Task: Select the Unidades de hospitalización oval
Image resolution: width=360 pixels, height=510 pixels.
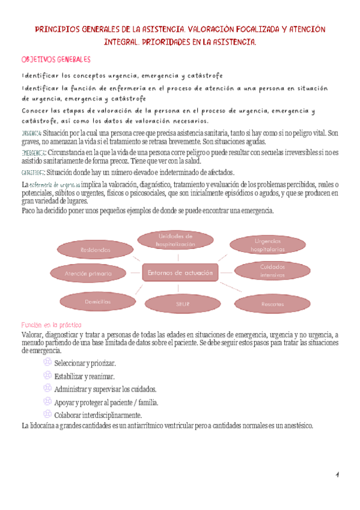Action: coord(175,240)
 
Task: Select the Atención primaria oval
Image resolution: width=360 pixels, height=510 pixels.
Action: coord(88,274)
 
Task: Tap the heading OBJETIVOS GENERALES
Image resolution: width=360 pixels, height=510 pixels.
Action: coord(56,60)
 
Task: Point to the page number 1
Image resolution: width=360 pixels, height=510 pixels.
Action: coord(338,475)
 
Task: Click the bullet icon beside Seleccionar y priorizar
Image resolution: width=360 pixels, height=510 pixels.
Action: coord(47,363)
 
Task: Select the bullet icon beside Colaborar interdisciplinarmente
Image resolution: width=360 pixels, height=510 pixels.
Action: coord(47,414)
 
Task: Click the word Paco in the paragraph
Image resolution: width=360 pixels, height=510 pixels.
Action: coord(28,210)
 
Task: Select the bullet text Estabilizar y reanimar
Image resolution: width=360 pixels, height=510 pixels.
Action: coord(85,376)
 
